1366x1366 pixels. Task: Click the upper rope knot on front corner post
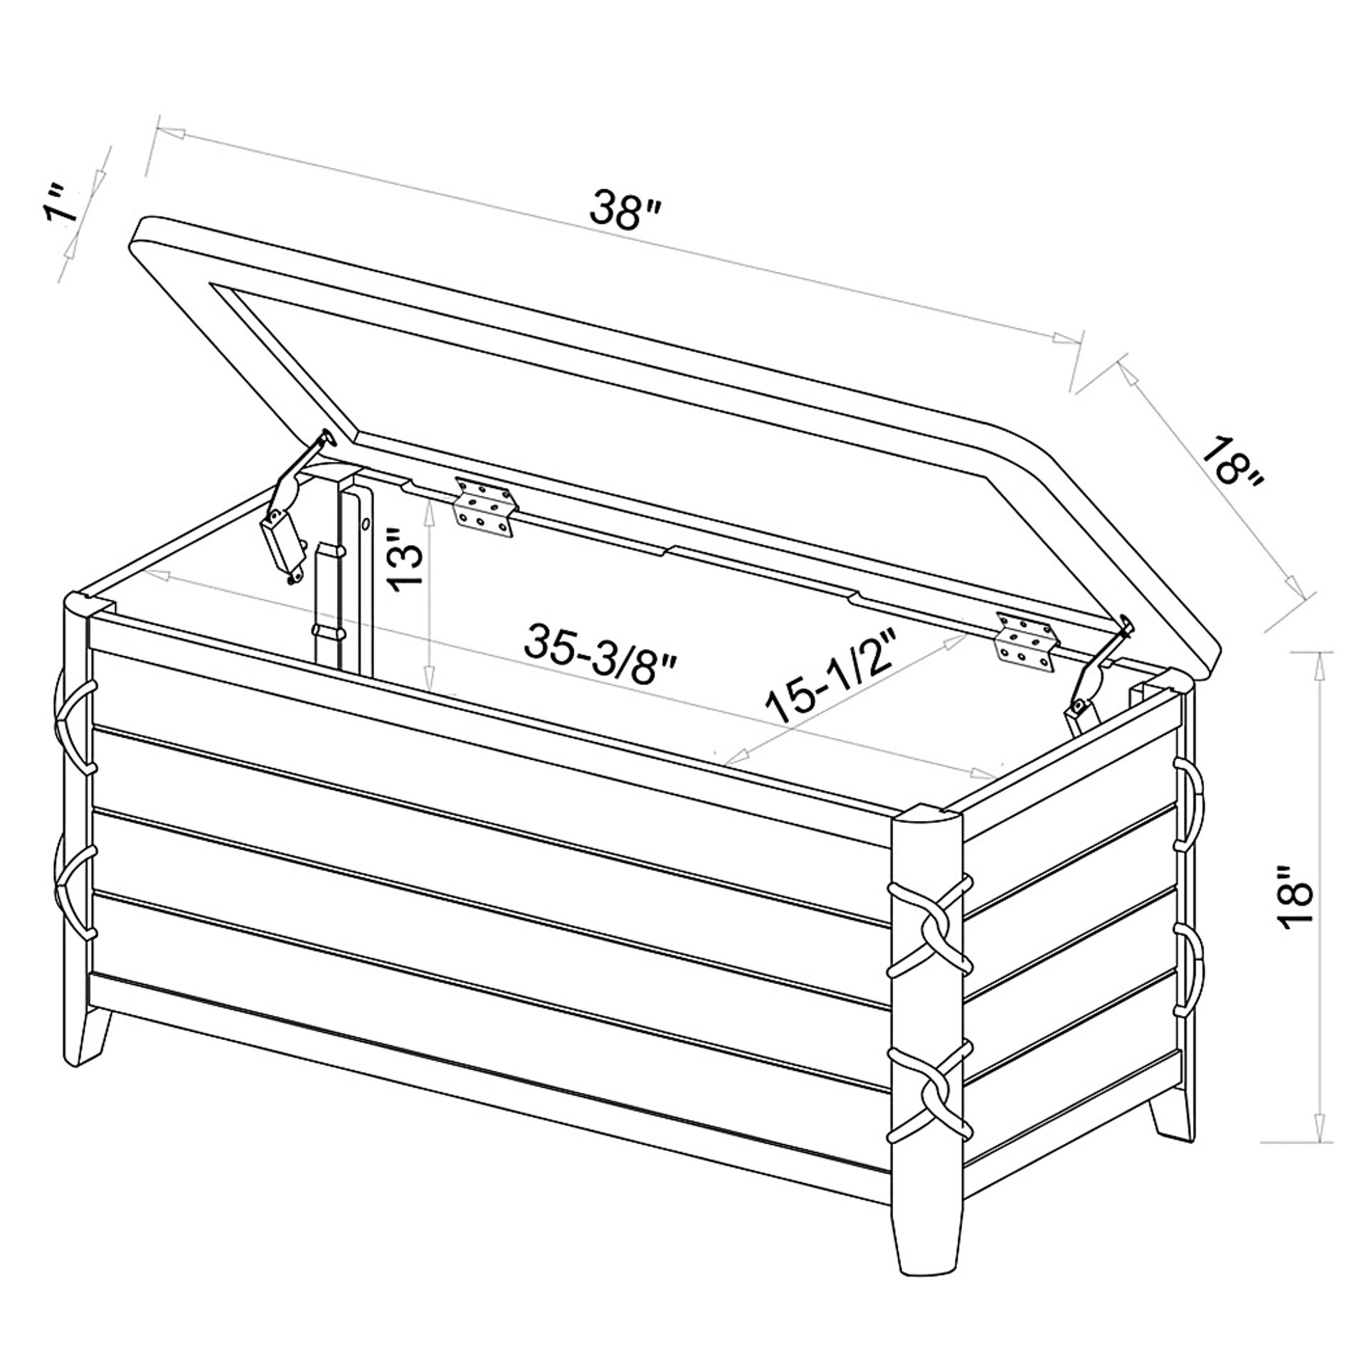pos(930,928)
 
